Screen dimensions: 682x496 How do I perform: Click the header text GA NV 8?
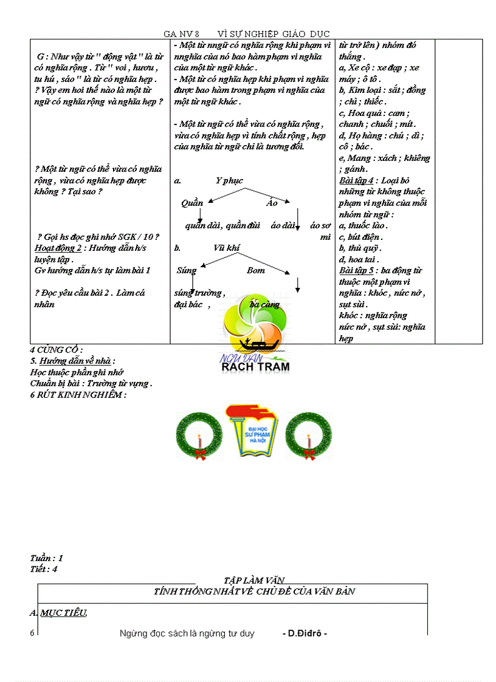181,34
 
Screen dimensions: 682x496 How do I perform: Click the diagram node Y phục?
229,180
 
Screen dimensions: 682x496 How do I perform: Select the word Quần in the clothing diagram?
191,203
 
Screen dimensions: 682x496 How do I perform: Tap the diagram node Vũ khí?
226,248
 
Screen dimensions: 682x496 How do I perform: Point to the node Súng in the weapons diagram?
186,270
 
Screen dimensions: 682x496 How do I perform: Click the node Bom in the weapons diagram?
255,270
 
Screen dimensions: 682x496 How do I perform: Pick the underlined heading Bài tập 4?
357,180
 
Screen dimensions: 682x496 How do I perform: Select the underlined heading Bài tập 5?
357,270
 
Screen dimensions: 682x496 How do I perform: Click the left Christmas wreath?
199,434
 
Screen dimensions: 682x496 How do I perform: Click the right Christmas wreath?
309,434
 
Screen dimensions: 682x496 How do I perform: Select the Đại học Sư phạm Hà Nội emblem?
252,429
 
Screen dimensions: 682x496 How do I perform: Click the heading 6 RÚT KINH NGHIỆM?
78,395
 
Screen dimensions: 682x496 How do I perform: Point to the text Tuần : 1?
46,558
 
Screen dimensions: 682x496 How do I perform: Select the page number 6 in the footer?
32,633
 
